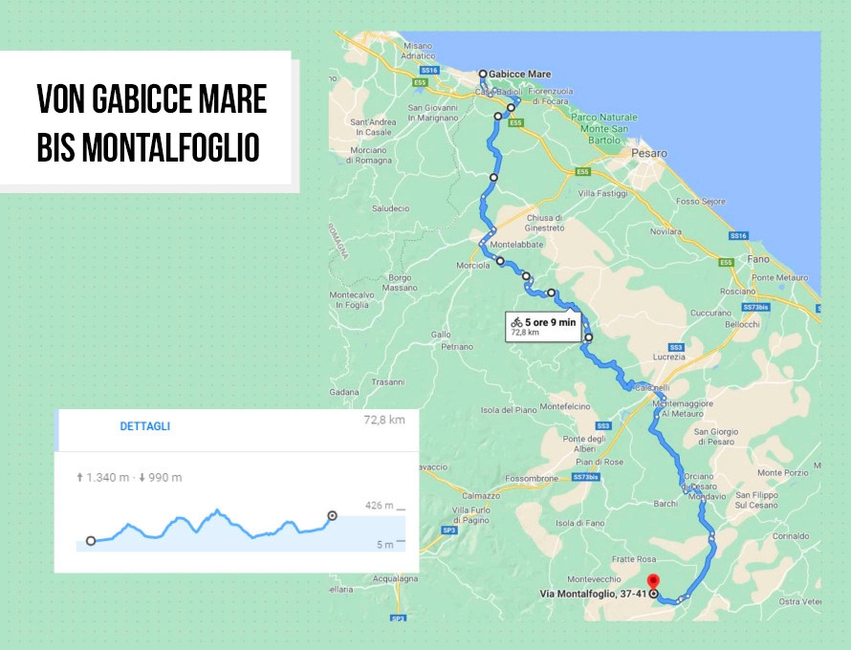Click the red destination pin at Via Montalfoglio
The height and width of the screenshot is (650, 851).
pos(653,581)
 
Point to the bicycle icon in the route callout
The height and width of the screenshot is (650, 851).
pos(516,322)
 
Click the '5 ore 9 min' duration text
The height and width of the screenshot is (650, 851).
pos(551,322)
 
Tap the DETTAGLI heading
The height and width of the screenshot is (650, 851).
pos(145,426)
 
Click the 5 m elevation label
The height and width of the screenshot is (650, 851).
pos(384,545)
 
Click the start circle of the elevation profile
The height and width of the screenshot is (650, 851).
pos(91,541)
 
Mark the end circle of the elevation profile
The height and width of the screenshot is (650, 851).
pos(332,516)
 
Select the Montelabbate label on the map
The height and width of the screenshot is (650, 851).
pos(516,245)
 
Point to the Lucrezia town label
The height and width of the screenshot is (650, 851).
pos(671,357)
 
